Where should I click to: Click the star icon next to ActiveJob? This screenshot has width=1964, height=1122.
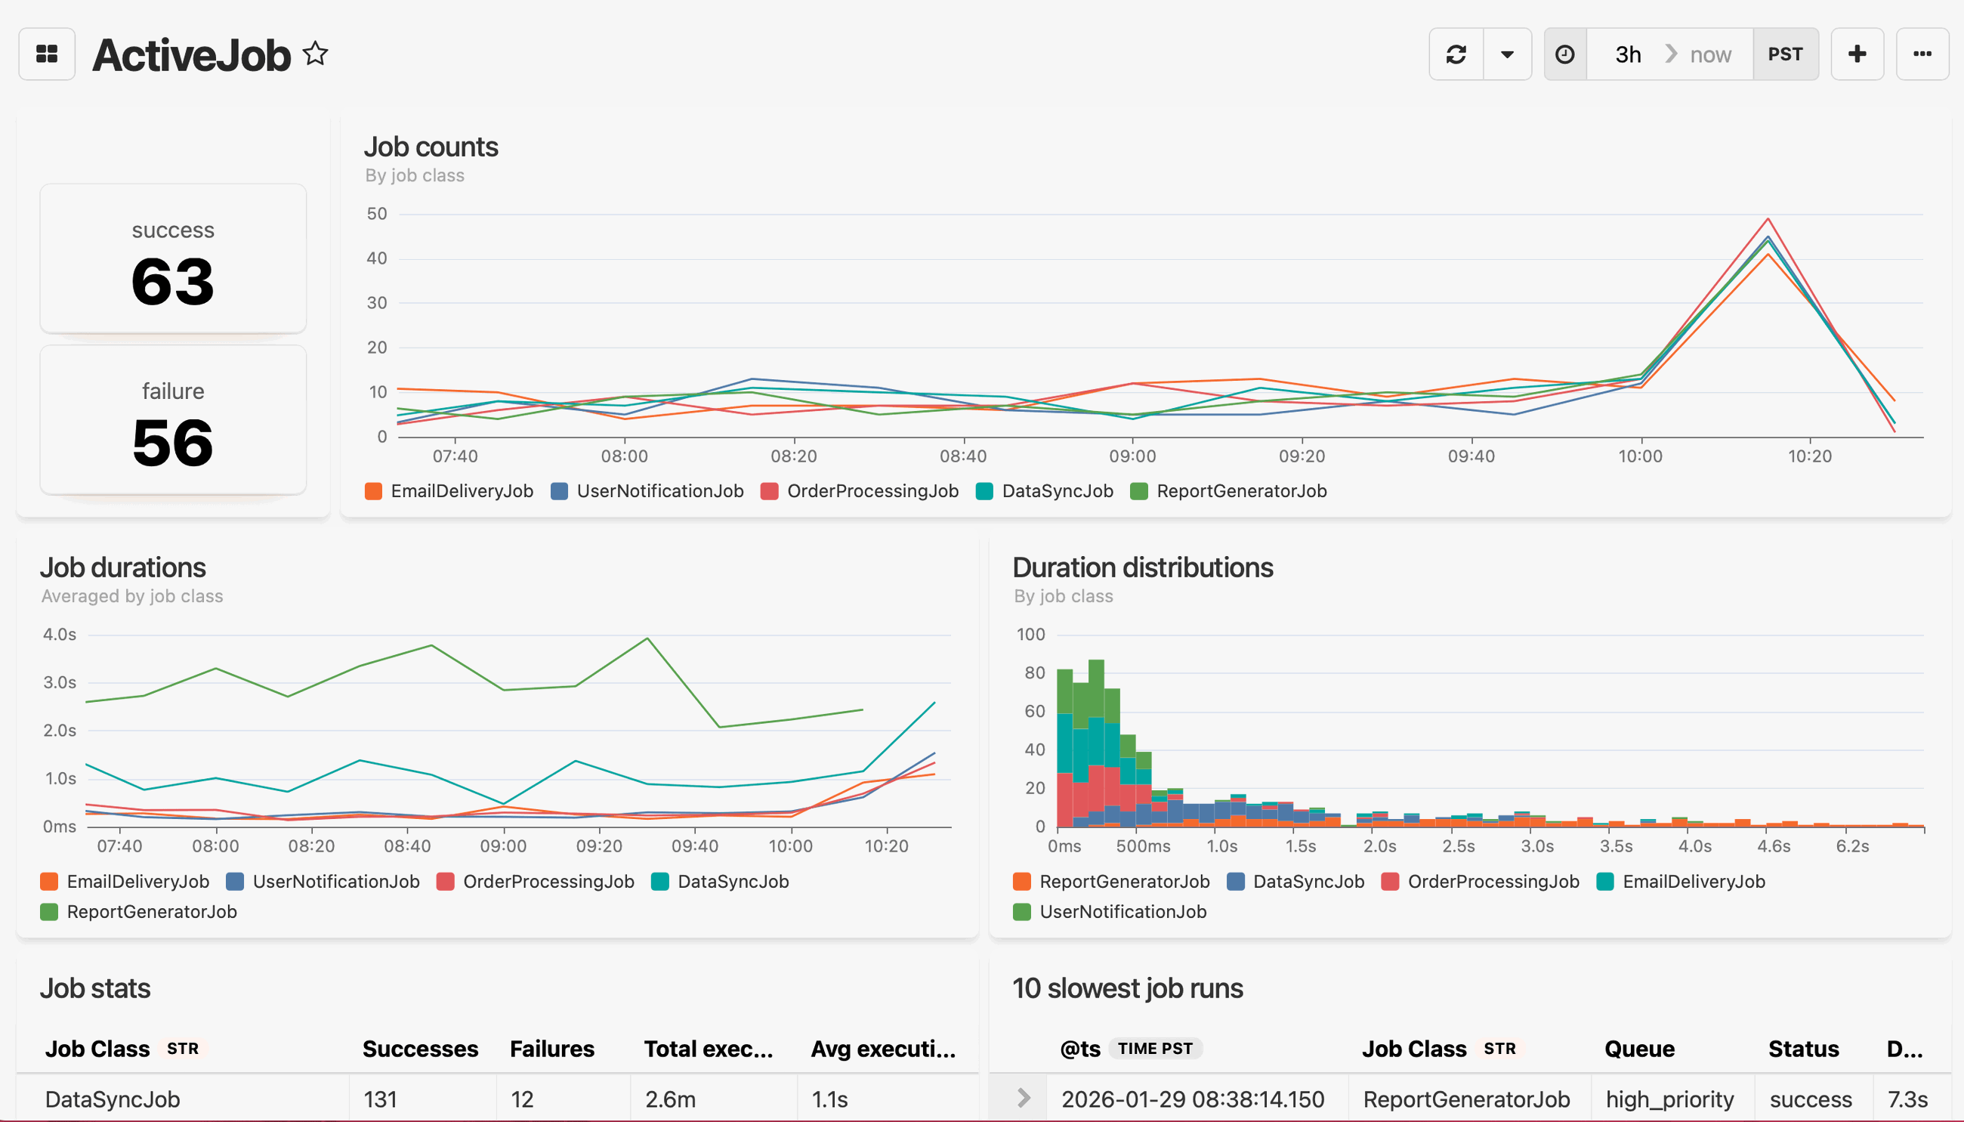click(315, 54)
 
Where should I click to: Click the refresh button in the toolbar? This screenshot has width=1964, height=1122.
click(1456, 54)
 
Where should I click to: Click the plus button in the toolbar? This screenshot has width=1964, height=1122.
click(1857, 54)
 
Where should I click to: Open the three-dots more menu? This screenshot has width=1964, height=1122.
click(1922, 54)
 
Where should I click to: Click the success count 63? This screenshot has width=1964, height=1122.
click(172, 281)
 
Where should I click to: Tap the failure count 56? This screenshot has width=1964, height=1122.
click(172, 442)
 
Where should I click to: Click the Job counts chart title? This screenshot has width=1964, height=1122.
click(431, 147)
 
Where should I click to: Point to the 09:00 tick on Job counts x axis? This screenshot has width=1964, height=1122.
click(1132, 456)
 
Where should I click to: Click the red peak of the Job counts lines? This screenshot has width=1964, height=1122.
click(1768, 220)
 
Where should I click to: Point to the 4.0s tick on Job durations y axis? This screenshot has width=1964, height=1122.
click(60, 634)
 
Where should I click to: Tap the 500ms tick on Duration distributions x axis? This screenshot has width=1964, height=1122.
click(1143, 845)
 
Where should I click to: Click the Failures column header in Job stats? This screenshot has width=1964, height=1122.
click(551, 1049)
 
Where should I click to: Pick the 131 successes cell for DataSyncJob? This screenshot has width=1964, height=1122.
click(380, 1099)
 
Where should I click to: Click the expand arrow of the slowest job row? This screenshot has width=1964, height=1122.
click(1023, 1098)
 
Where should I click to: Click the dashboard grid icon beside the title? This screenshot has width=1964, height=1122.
click(47, 54)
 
